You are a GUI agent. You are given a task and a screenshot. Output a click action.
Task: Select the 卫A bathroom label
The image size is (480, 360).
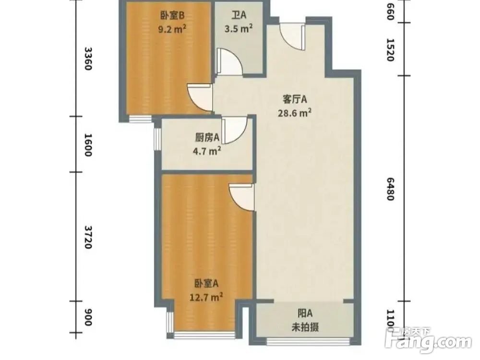coord(239,15)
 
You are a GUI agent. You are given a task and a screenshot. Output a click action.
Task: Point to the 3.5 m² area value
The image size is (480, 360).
coord(239,28)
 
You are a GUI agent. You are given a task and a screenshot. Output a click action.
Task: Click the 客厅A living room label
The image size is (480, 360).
coord(295,100)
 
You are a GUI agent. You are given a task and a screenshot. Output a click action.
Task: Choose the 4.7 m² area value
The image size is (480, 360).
coord(207,151)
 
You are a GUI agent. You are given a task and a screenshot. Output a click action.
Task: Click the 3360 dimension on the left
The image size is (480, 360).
coord(87,59)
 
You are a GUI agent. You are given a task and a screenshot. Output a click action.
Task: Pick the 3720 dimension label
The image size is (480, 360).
coord(87,236)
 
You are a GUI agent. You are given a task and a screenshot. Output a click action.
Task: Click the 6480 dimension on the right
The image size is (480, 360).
coord(390,189)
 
